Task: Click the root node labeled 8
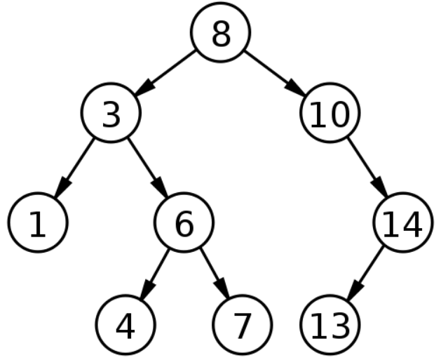coord(221,32)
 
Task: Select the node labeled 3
coord(111,112)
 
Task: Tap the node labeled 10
coord(330,112)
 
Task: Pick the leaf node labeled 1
coord(38,222)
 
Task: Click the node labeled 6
coord(184,222)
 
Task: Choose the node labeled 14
coord(403,222)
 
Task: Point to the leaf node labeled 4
coord(125,324)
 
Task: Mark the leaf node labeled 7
coord(243,324)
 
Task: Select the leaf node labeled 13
coord(330,324)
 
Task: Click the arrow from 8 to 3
coord(165,72)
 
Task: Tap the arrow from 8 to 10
coord(275,72)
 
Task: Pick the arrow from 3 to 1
coord(74,168)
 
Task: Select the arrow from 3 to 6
coord(148,168)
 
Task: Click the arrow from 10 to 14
coord(367,168)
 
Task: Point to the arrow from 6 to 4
coord(155,274)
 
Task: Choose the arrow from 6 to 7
coord(215,274)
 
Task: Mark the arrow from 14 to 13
coord(365,274)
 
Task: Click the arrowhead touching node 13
coord(354,291)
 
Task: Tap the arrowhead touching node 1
coord(62,187)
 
